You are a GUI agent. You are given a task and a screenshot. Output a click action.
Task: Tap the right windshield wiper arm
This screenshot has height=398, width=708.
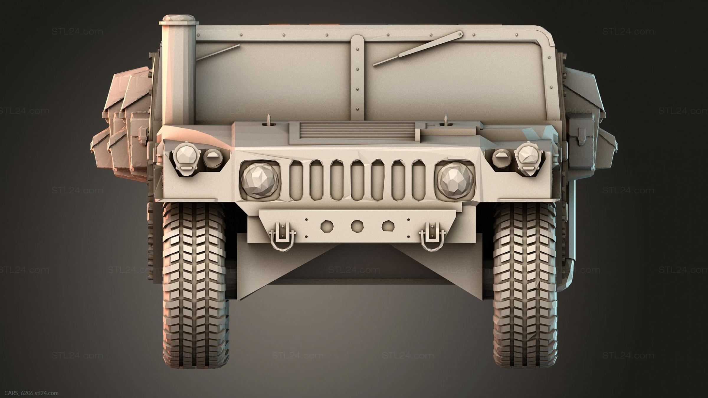tap(417, 48)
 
